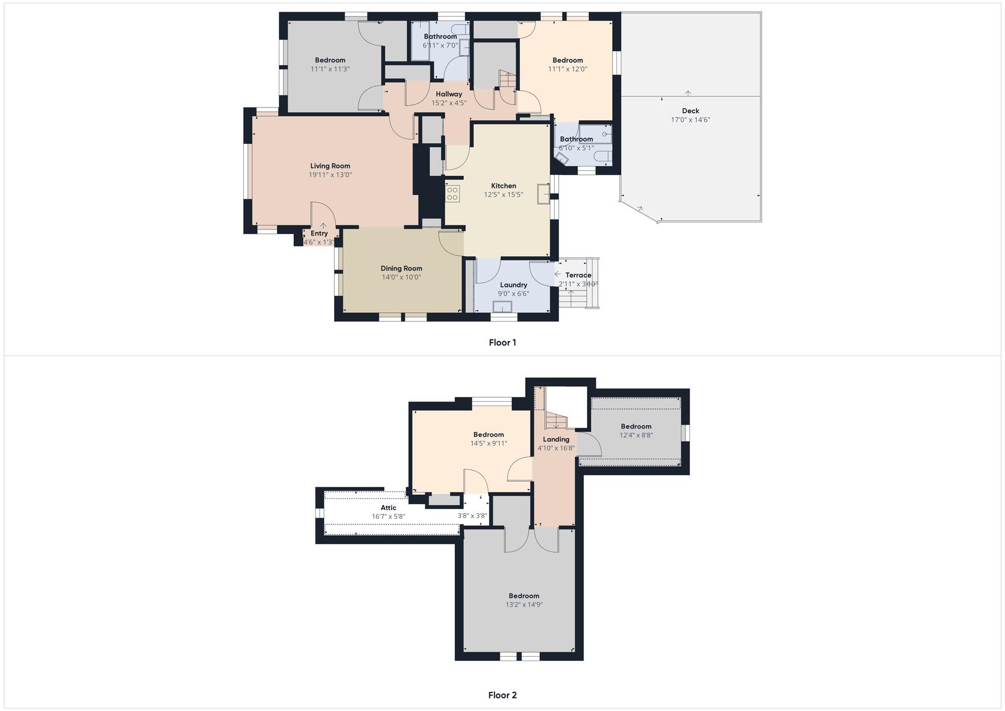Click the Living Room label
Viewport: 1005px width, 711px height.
(330, 166)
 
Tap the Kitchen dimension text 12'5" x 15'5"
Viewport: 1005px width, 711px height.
(504, 195)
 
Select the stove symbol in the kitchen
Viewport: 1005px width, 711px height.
(453, 194)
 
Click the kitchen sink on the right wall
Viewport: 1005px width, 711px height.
(543, 194)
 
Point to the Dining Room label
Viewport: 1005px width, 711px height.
(401, 269)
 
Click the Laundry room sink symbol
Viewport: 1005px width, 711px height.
(502, 307)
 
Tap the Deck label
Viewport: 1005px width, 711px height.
(690, 111)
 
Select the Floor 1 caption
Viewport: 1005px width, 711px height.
(502, 342)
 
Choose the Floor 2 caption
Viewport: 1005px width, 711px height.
(502, 695)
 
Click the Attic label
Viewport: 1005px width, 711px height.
(388, 508)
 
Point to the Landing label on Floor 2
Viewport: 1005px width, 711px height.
(556, 439)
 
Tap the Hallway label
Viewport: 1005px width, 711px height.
(449, 94)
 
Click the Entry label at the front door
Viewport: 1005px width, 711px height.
(319, 233)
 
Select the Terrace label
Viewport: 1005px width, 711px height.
(578, 275)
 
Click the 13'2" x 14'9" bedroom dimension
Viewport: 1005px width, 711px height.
(524, 605)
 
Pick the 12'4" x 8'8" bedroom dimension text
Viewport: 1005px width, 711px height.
(636, 435)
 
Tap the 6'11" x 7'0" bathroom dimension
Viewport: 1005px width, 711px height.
(440, 45)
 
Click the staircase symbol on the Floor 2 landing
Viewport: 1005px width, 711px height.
(556, 420)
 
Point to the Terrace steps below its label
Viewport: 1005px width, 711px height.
(578, 299)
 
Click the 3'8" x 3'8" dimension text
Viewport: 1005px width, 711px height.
(472, 515)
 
